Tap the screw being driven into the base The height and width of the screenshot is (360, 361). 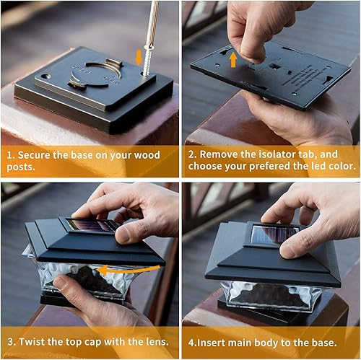pyautogui.click(x=144, y=66)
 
